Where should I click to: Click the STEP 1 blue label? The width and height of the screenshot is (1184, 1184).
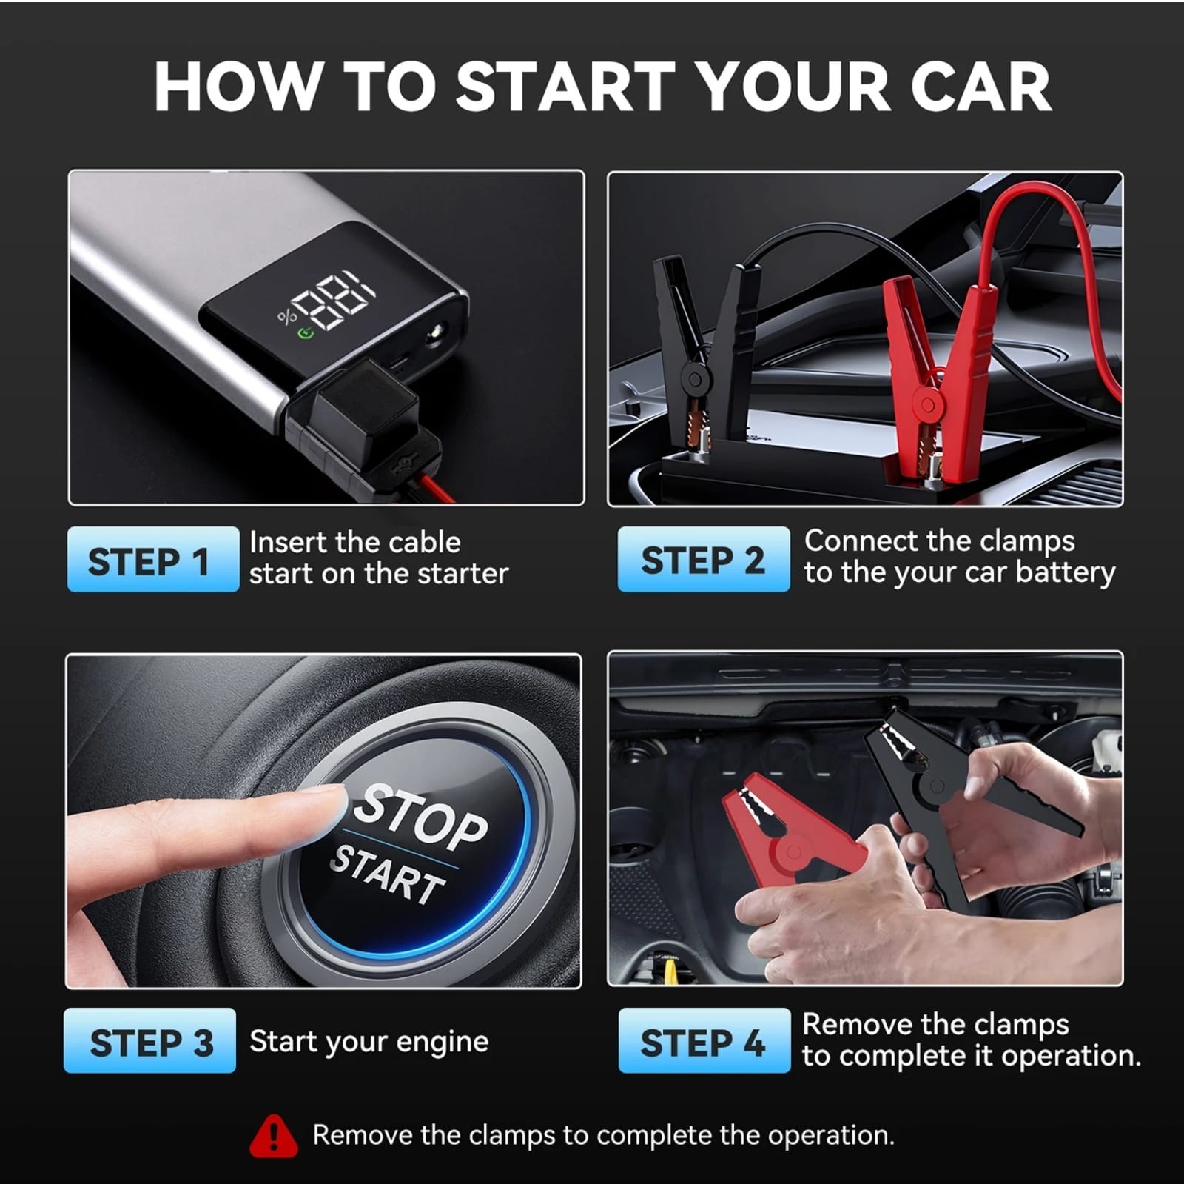click(x=152, y=560)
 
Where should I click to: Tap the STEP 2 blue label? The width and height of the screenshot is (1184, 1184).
click(x=703, y=560)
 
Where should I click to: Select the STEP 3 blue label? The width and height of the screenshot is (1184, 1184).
click(x=150, y=1041)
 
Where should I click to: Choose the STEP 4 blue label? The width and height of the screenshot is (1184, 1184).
click(x=703, y=1041)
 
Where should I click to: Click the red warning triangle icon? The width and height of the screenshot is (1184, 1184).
click(x=274, y=1137)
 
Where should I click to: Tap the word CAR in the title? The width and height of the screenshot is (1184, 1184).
click(x=980, y=87)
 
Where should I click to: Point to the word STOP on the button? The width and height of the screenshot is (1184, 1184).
click(x=420, y=817)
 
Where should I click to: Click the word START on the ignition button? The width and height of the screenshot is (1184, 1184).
click(x=388, y=875)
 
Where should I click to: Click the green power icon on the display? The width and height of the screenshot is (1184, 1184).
click(x=305, y=332)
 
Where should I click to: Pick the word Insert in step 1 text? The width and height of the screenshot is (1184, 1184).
click(x=288, y=543)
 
